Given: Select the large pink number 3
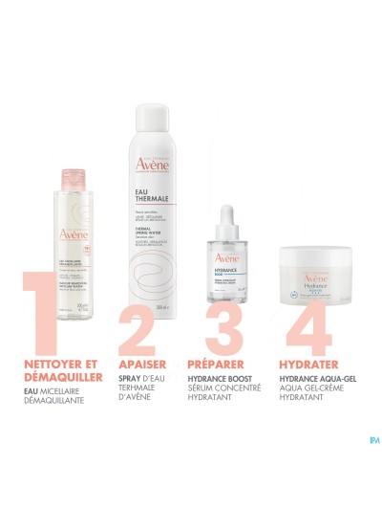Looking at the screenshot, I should (x=219, y=300).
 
